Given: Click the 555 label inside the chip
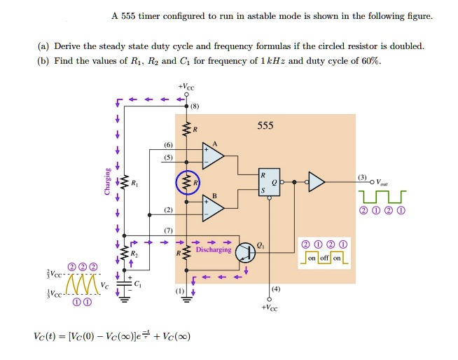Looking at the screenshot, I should click(265, 126).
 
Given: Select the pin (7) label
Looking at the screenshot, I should click(168, 230).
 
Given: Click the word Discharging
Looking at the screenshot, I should click(214, 249).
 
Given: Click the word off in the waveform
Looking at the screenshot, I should click(324, 258).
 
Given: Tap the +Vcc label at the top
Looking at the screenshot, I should click(186, 85).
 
